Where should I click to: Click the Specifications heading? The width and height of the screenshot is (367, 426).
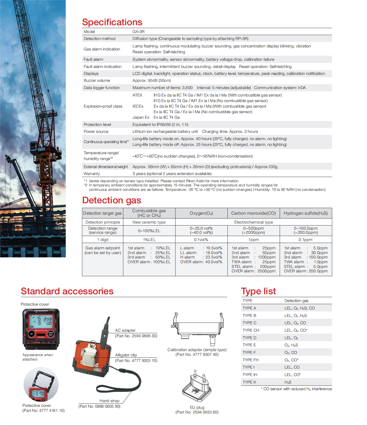[x=112, y=22]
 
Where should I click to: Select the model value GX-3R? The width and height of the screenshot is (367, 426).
[x=138, y=32]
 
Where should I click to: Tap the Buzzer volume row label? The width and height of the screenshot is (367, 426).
[x=97, y=80]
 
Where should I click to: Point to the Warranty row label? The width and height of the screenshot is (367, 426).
[x=92, y=174]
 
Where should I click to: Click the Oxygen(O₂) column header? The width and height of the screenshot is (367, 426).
[x=201, y=213]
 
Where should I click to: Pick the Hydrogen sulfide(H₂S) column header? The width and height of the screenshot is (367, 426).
[x=305, y=213]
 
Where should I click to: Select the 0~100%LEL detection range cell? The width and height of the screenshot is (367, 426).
[x=149, y=230]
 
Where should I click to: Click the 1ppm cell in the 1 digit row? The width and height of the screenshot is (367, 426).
[x=254, y=240]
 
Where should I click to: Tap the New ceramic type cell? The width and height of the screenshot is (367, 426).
[x=149, y=222]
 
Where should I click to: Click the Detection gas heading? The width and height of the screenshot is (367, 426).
[x=112, y=200]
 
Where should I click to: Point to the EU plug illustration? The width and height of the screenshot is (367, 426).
[x=197, y=386]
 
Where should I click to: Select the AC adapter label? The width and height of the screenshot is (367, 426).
[x=125, y=330]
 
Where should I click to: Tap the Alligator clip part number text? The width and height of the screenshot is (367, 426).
[x=136, y=361]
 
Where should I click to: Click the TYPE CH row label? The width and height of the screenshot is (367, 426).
[x=251, y=330]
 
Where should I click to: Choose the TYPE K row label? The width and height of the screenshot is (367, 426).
[x=249, y=382]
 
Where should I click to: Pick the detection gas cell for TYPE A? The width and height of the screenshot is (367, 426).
[x=300, y=308]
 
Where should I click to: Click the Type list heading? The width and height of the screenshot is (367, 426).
[x=258, y=291]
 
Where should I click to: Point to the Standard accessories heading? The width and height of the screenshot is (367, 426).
[x=67, y=291]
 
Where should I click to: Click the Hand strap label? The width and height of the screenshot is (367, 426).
[x=109, y=401]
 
